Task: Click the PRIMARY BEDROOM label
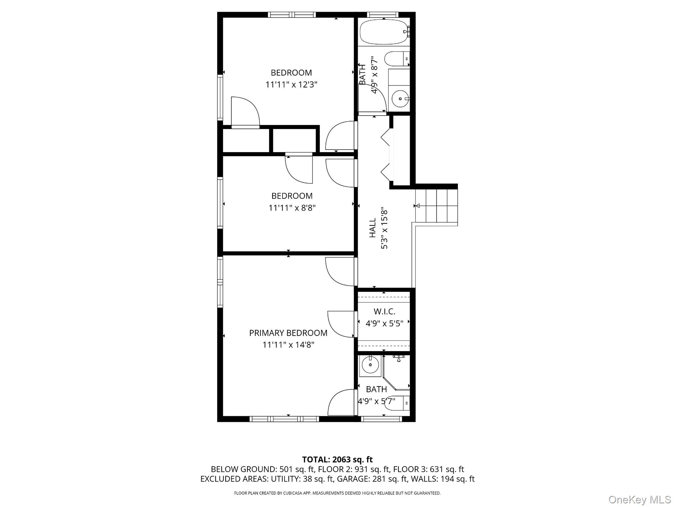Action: coord(288,333)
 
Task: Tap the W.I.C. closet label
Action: coord(384,311)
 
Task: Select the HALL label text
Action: coord(372,228)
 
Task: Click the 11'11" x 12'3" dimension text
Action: coord(291,84)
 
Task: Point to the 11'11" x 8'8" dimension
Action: coord(292,208)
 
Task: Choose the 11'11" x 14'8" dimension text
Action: coord(288,345)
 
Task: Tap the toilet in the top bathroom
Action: coord(397,59)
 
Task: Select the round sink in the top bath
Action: coord(400,98)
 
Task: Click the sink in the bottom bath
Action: coord(370,365)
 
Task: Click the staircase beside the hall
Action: coord(436,205)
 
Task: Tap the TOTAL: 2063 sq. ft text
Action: coord(337,459)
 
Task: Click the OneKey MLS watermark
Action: coord(640,499)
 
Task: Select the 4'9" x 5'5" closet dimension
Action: coord(384,323)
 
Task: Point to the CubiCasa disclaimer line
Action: coord(337,493)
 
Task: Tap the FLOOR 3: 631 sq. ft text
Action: coord(429,469)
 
